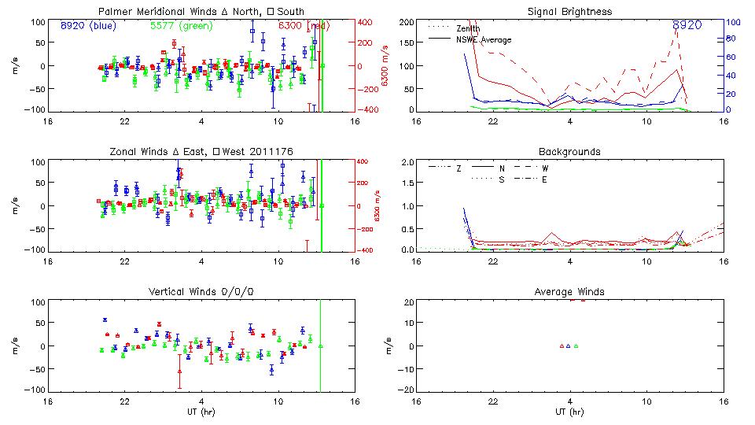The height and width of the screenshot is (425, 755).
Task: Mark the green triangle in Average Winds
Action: coord(576,346)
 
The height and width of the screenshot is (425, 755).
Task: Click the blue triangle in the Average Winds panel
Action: coord(569,346)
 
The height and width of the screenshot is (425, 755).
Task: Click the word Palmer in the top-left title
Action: coord(116,12)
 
